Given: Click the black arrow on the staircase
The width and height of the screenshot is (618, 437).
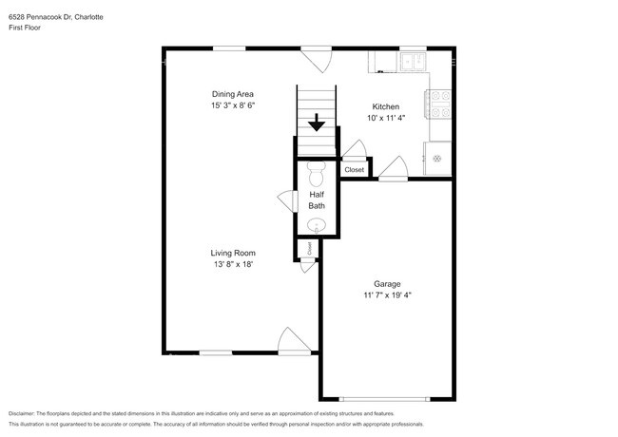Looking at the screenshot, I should click(x=317, y=123).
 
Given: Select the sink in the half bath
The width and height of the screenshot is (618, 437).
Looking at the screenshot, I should click(x=317, y=225).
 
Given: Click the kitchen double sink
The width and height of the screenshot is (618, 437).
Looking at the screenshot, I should click(x=414, y=63).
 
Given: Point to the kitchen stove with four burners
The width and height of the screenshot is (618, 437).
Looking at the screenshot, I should click(x=439, y=103).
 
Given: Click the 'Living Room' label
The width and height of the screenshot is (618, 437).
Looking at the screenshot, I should click(x=233, y=253).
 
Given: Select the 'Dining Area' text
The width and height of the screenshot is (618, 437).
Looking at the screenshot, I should click(x=234, y=93).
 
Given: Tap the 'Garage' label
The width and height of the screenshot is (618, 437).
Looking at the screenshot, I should click(x=387, y=283).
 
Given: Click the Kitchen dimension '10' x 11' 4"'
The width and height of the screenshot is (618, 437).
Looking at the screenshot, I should click(x=386, y=119).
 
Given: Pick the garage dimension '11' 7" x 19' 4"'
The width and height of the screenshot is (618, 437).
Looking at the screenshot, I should click(x=387, y=295).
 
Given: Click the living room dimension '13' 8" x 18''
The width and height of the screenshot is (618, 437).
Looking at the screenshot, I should click(x=233, y=265).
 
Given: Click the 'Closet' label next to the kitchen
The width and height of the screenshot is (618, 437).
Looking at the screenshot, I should click(x=354, y=169).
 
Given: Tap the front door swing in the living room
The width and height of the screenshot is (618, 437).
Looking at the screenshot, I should click(x=291, y=340).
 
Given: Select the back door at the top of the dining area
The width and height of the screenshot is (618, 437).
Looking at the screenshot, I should click(x=316, y=60).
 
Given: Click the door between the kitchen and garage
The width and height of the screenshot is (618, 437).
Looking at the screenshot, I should click(x=393, y=169).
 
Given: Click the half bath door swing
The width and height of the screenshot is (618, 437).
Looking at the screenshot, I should click(x=285, y=199).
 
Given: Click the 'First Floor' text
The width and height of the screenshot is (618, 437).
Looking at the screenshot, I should click(x=25, y=28).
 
